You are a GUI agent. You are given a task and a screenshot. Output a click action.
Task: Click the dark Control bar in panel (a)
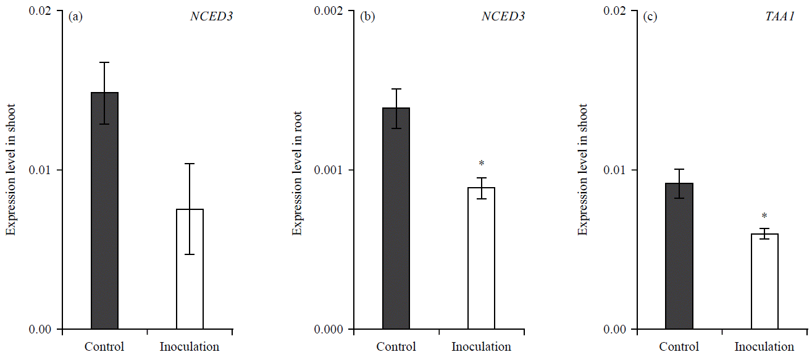104,210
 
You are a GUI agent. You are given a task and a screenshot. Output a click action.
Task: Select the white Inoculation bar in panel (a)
190,269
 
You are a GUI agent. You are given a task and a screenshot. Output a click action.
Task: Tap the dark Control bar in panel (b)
396,218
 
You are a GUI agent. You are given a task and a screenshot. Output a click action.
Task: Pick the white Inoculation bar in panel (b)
481,257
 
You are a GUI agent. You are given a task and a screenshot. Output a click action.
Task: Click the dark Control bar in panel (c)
679,256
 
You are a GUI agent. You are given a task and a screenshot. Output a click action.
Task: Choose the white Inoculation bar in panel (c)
764,281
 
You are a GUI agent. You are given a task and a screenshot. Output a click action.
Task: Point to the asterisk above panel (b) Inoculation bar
482,164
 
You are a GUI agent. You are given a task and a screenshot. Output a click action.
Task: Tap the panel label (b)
367,17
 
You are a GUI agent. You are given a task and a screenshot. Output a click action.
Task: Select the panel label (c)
650,17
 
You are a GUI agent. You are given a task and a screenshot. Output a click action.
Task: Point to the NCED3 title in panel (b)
503,17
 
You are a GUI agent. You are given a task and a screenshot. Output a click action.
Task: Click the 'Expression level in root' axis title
296,170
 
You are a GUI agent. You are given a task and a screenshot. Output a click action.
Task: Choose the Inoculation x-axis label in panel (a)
190,346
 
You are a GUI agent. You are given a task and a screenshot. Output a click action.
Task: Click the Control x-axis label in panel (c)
679,346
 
